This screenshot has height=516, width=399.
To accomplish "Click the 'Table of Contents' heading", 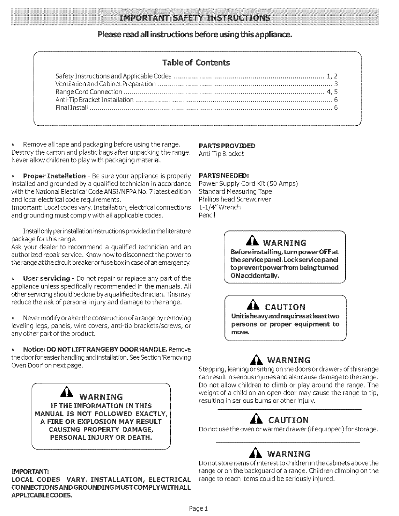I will [x=196, y=63].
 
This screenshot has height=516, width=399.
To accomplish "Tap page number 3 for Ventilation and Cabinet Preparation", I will [x=336, y=84].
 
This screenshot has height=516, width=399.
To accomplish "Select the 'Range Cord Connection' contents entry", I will [x=89, y=92].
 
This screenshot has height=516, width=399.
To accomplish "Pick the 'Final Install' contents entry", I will [x=72, y=107].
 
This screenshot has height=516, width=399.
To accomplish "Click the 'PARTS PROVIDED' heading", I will [x=227, y=146].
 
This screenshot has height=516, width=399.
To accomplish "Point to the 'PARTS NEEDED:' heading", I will [x=223, y=176].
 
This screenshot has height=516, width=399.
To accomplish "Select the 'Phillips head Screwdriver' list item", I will [x=235, y=199].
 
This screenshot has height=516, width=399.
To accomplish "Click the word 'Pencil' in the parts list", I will [x=207, y=215].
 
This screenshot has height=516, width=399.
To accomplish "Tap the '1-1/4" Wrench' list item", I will [x=220, y=207].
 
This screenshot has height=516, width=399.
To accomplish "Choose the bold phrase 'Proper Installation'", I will [x=54, y=176].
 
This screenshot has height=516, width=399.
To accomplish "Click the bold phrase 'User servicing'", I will [x=47, y=278].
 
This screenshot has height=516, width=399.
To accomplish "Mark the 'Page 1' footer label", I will [x=198, y=509].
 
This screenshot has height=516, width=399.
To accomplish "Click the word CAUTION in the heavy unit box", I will [x=285, y=307].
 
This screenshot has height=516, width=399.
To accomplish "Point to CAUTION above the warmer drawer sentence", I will [x=288, y=420].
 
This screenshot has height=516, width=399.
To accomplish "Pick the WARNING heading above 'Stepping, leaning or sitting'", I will [x=288, y=360].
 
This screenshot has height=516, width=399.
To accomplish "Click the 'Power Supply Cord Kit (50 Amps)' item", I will [x=248, y=184].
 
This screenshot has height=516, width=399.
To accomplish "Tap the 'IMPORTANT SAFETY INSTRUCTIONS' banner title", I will [x=195, y=17].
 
